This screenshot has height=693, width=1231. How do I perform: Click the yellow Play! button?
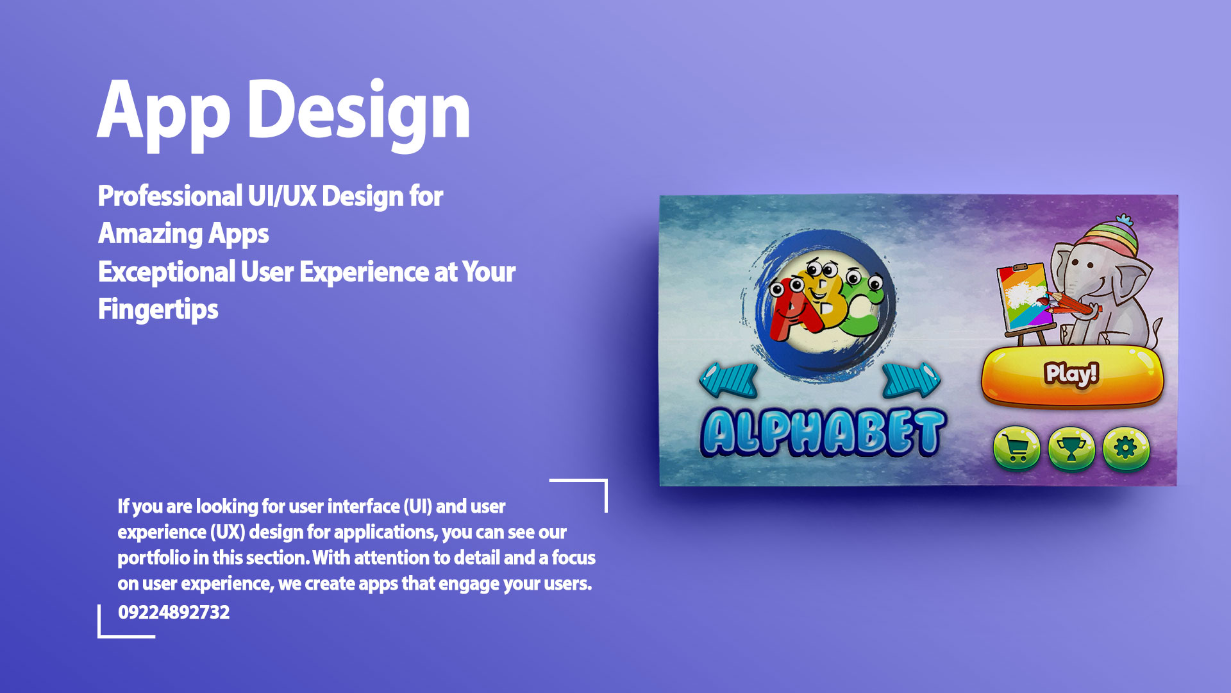[1073, 376]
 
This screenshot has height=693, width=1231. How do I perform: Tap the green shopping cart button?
[1016, 449]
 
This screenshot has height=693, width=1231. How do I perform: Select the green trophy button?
[1071, 449]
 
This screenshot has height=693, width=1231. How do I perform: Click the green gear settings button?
[1126, 449]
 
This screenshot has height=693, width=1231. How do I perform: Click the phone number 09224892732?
[174, 612]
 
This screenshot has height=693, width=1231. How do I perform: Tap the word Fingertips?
[158, 310]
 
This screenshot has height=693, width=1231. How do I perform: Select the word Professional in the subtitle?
[170, 196]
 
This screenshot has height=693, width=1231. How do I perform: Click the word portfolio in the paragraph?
[154, 558]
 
